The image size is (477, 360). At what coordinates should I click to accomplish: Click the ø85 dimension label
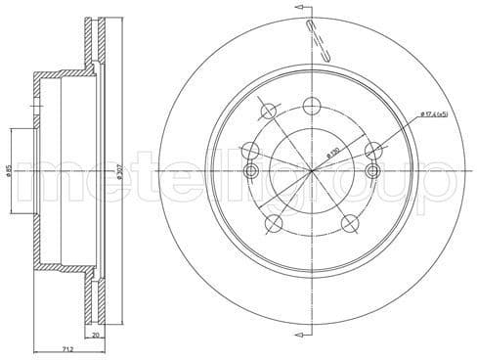pyautogui.click(x=8, y=171)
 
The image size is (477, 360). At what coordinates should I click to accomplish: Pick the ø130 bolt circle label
pyautogui.click(x=333, y=154)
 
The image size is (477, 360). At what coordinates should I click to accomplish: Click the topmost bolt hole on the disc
pyautogui.click(x=312, y=106)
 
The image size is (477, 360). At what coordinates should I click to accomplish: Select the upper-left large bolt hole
pyautogui.click(x=251, y=151)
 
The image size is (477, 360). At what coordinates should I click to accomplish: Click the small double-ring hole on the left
pyautogui.click(x=250, y=172)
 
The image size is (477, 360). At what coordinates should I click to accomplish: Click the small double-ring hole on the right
pyautogui.click(x=372, y=172)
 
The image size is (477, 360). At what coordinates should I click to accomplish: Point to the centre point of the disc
pyautogui.click(x=312, y=171)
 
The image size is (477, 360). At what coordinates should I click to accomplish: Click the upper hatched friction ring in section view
pyautogui.click(x=95, y=44)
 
